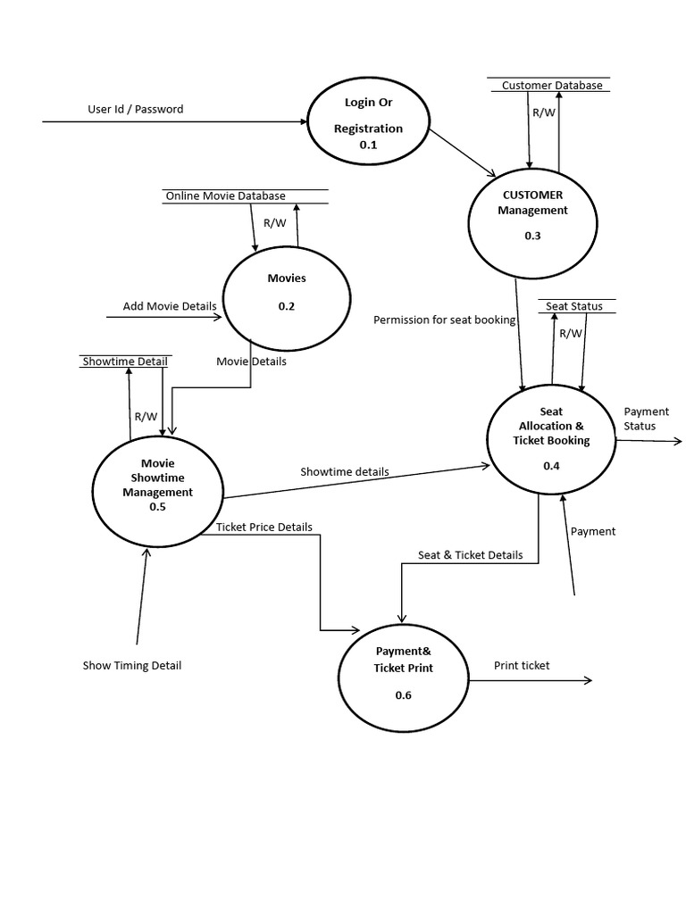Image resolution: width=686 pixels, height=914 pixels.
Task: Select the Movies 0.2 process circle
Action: (286, 292)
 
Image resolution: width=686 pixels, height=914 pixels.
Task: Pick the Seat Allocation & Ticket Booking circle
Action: (551, 438)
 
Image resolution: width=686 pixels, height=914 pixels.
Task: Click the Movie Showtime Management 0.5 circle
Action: (157, 484)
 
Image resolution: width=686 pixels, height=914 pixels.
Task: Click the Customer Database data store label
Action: (551, 86)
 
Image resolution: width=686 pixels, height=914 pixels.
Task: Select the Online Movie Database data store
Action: (225, 195)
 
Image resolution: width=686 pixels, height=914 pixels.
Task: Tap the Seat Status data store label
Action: (573, 306)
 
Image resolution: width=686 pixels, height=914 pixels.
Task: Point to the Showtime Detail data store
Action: (124, 361)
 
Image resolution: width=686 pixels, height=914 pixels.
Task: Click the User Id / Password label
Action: (135, 110)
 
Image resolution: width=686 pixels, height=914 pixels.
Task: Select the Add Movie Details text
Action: (170, 306)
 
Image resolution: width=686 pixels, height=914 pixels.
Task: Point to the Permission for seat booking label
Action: (444, 320)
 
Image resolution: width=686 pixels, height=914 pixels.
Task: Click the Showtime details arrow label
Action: (344, 471)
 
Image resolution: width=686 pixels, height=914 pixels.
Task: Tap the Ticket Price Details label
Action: (264, 527)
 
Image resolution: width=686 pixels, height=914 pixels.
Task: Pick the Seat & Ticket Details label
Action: (470, 554)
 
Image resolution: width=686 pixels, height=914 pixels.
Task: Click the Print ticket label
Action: (522, 665)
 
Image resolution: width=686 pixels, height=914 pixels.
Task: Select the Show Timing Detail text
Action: (132, 665)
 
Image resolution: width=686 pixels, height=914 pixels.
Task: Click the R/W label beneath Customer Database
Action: (543, 112)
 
